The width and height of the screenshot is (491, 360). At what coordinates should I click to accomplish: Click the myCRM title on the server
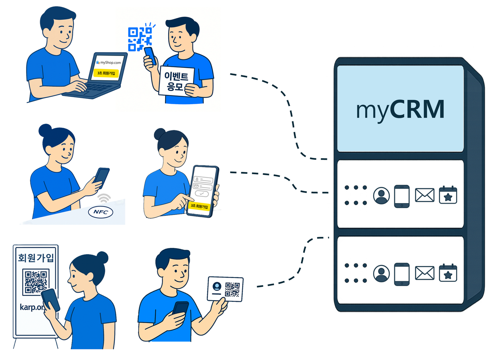400,109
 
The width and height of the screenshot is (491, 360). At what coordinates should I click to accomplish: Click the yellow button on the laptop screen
106,73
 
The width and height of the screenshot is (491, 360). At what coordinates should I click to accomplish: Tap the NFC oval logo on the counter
100,212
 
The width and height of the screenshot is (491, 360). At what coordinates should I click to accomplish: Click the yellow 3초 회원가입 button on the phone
199,206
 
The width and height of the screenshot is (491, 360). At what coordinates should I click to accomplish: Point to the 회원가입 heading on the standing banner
36,258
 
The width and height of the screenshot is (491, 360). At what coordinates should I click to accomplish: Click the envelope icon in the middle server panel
424,195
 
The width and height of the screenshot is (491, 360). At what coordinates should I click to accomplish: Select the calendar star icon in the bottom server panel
448,273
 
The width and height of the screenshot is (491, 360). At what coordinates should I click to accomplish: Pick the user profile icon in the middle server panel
381,196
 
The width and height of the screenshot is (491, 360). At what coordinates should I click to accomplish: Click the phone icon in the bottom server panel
402,274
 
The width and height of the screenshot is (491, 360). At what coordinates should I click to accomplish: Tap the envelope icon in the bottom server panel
424,273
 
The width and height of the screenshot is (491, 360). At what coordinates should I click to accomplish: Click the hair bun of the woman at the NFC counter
45,130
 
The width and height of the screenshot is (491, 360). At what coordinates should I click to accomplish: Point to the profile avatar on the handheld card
217,286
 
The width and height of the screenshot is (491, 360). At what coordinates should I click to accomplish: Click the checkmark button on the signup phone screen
201,194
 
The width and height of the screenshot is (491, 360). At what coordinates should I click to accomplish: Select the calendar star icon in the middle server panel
448,195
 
